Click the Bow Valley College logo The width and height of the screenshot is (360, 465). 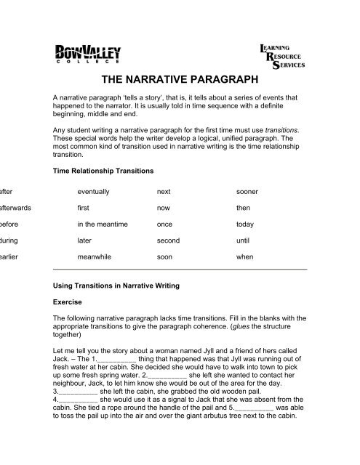click(88, 54)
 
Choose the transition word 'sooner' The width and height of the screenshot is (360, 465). click(247, 191)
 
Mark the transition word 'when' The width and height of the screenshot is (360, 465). click(244, 256)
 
